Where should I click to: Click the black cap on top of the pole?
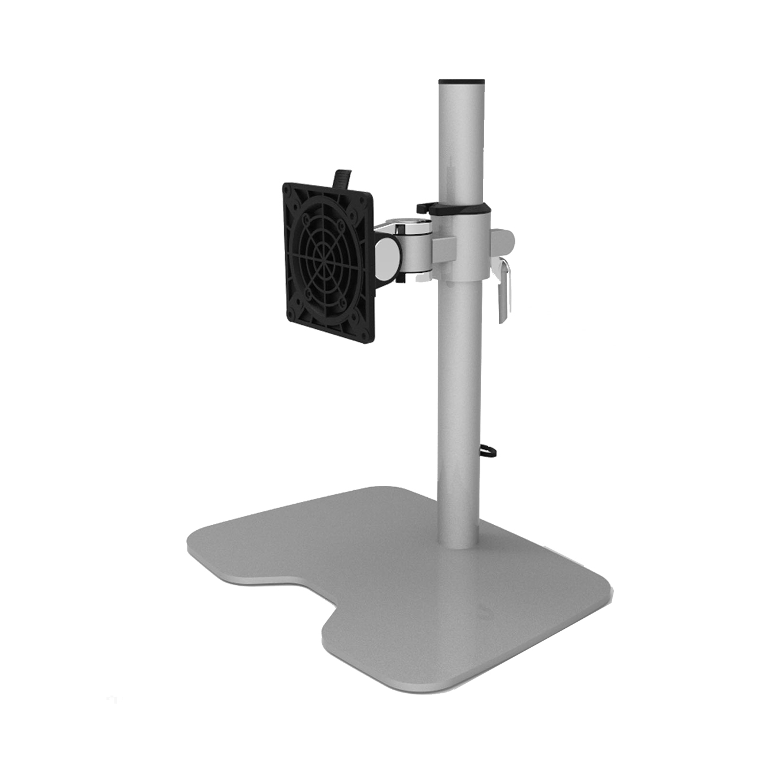point(462,81)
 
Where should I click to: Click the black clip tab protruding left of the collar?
point(424,207)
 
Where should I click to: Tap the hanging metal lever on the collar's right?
point(504,289)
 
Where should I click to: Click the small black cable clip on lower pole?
point(488,452)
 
